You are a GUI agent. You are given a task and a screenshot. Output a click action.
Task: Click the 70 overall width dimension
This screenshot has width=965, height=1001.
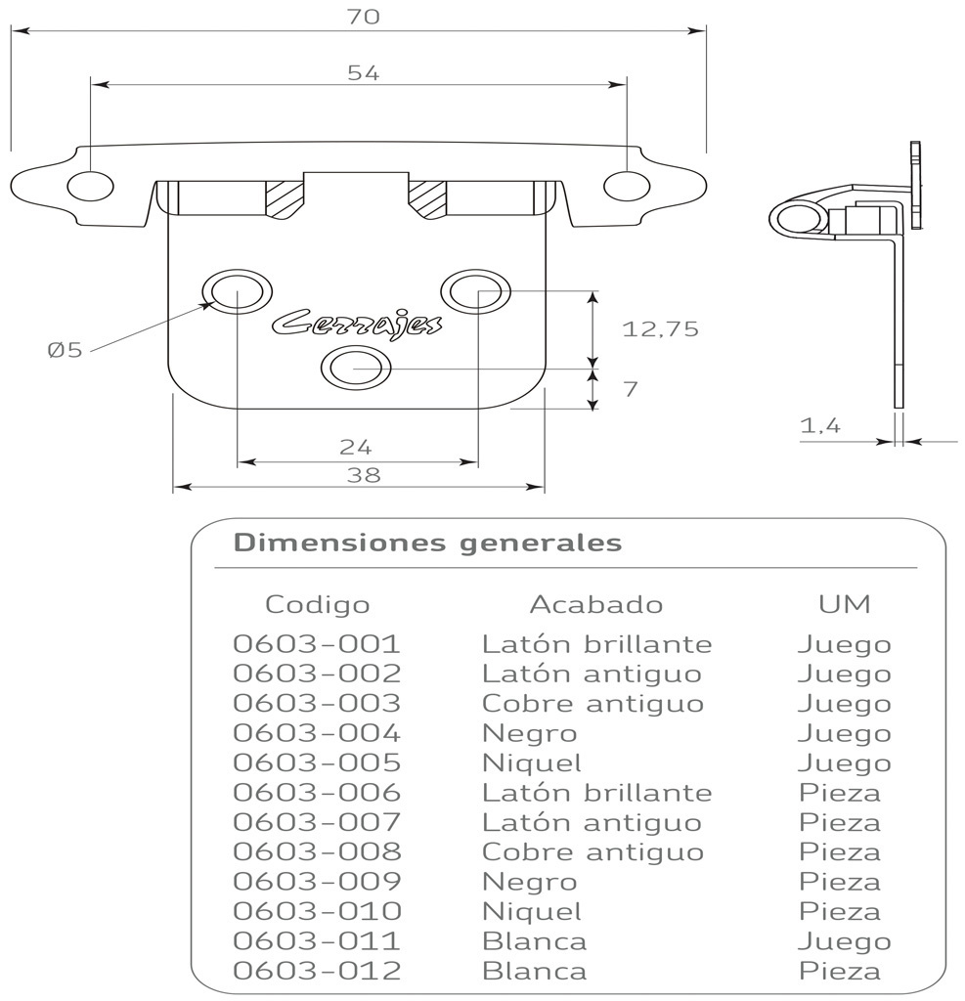point(362,17)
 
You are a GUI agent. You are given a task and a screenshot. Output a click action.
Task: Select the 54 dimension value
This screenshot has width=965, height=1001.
point(363,72)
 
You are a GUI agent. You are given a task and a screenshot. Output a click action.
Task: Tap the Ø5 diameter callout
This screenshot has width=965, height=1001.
point(65,349)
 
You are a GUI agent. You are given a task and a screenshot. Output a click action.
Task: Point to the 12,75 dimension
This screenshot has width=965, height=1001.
point(661,329)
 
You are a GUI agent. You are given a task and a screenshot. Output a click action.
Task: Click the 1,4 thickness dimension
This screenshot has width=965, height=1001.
point(820,425)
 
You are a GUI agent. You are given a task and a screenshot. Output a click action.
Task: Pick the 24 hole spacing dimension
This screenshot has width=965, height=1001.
point(356,447)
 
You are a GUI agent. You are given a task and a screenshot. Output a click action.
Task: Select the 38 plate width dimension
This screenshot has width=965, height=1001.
point(363,475)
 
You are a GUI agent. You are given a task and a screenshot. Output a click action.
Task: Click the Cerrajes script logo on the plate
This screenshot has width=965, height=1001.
point(356,324)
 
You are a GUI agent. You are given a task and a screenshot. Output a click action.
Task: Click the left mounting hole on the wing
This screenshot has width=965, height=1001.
point(90,186)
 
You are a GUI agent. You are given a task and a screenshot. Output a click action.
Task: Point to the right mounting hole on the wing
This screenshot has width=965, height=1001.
point(626,185)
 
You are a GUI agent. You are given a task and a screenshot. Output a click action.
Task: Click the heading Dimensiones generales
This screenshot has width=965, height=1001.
point(427,543)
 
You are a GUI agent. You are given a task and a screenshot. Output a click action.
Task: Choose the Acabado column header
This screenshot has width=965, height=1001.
point(596,604)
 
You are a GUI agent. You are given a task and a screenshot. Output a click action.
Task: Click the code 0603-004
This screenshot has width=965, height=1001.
point(317,733)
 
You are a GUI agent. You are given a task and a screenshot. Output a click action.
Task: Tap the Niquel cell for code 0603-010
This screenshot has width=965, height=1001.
point(532,912)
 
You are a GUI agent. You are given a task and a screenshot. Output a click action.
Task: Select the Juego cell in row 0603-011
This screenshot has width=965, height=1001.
point(844,942)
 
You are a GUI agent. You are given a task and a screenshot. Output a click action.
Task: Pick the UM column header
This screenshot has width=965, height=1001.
point(844,604)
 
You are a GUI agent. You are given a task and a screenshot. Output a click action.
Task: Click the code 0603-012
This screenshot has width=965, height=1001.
point(317,972)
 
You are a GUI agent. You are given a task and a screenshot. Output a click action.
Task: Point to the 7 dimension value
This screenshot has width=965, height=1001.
point(631,389)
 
